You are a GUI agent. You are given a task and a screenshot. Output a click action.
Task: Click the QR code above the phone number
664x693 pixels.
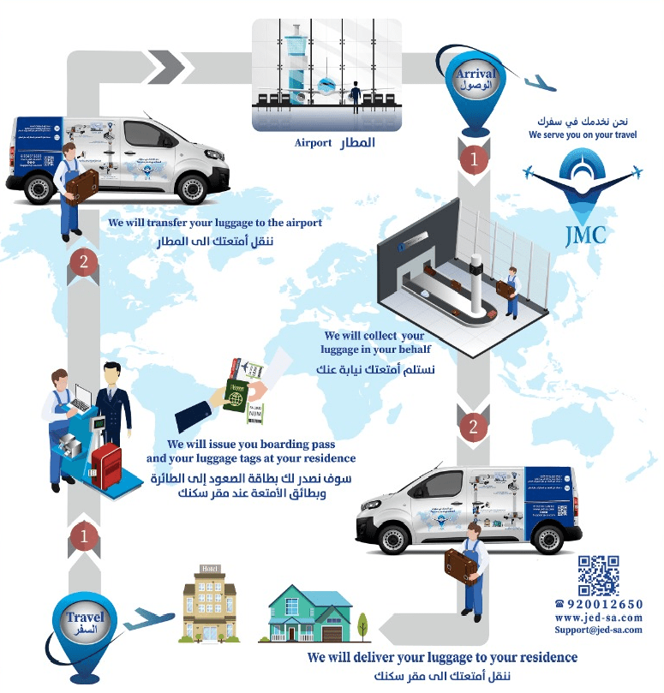[598, 575]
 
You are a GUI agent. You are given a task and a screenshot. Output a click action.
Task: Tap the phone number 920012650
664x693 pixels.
[603, 605]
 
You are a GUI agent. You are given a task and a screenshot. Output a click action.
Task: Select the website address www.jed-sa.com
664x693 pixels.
[598, 618]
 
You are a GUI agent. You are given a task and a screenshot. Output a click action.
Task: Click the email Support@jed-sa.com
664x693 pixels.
[598, 630]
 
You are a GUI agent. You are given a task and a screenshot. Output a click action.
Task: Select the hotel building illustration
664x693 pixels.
[209, 603]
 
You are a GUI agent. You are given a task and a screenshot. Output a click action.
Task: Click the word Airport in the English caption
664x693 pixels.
[312, 143]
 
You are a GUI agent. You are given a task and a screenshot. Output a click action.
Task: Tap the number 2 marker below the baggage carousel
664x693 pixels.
[473, 426]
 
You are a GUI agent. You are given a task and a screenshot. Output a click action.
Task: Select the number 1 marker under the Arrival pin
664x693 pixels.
[473, 158]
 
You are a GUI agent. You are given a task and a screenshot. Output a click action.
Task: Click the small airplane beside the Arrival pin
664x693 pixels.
[539, 83]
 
